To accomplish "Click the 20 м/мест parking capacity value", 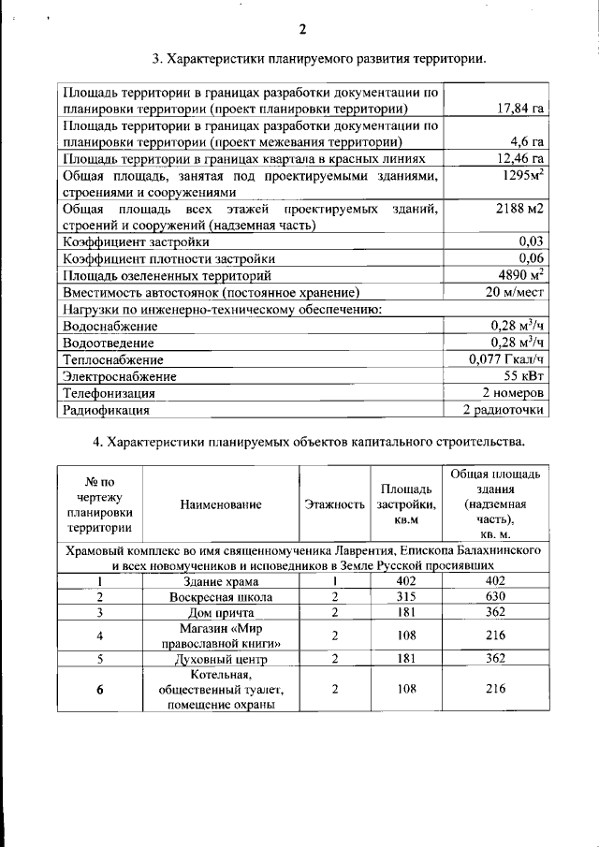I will pyautogui.click(x=515, y=292).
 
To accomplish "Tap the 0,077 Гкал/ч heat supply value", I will pyautogui.click(x=506, y=358).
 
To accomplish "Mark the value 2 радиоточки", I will pyautogui.click(x=504, y=410).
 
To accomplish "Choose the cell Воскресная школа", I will pyautogui.click(x=222, y=596).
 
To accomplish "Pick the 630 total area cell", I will pyautogui.click(x=495, y=596).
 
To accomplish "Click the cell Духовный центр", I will pyautogui.click(x=222, y=659).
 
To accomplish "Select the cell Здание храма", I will pyautogui.click(x=222, y=580).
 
